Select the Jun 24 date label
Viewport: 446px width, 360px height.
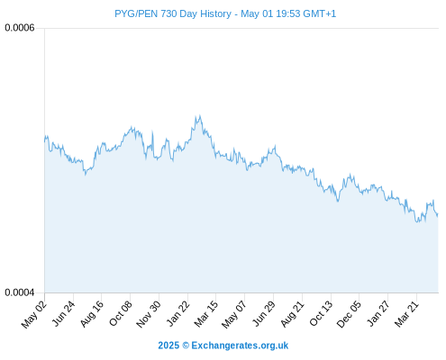[x=63, y=313]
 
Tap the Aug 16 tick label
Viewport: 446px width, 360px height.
[x=92, y=314]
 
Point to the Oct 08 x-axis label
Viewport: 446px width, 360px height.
[x=121, y=314]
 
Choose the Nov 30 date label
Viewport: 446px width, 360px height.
[x=149, y=314]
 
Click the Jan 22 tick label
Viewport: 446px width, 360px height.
[x=178, y=313]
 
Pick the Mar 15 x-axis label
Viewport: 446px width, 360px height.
[x=206, y=314]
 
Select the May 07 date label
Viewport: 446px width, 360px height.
[x=234, y=314]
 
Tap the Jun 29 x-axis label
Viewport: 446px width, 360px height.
[x=264, y=313]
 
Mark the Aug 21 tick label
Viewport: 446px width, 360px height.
[x=293, y=314]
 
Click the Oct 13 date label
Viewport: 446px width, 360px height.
[x=321, y=314]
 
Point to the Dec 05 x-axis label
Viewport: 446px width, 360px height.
[x=349, y=314]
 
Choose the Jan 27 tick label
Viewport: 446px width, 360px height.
[x=378, y=313]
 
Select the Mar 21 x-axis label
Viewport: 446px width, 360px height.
[x=406, y=314]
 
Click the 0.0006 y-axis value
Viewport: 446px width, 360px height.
[x=20, y=28]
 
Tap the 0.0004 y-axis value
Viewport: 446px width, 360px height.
[x=20, y=292]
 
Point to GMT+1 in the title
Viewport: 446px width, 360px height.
[x=320, y=13]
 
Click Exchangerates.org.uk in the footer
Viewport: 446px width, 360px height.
[x=240, y=346]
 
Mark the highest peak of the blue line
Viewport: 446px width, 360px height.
[x=199, y=115]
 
